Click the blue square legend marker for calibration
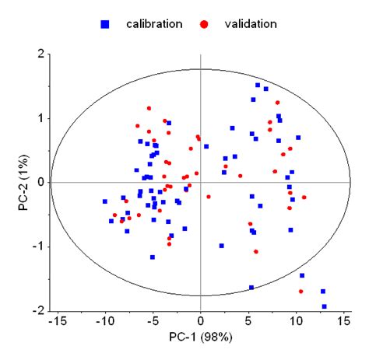(105, 24)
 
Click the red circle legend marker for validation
(205, 24)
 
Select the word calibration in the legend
(154, 23)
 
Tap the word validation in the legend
(250, 23)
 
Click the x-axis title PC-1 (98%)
(201, 339)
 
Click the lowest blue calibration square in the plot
(325, 306)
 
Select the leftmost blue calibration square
(105, 201)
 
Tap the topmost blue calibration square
(258, 86)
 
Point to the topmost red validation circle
(277, 103)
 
